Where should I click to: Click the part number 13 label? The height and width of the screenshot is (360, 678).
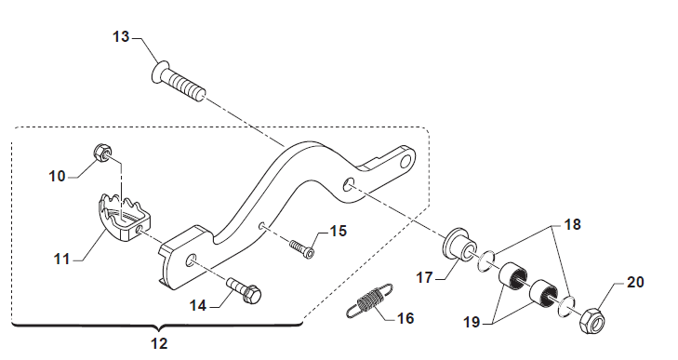pos(121,37)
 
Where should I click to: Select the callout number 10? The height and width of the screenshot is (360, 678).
pos(57,176)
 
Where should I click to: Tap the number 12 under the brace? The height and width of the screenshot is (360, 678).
pos(159,343)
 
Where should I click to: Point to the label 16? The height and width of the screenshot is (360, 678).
pos(405,318)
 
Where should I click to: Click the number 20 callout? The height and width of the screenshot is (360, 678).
pos(635,282)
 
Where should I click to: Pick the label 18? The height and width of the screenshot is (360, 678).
pos(573,224)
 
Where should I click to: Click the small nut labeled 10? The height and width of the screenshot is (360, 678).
pos(102,153)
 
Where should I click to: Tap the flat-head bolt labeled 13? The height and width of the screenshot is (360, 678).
pos(179,82)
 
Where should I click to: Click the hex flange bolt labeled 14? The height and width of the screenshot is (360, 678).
pos(244,290)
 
